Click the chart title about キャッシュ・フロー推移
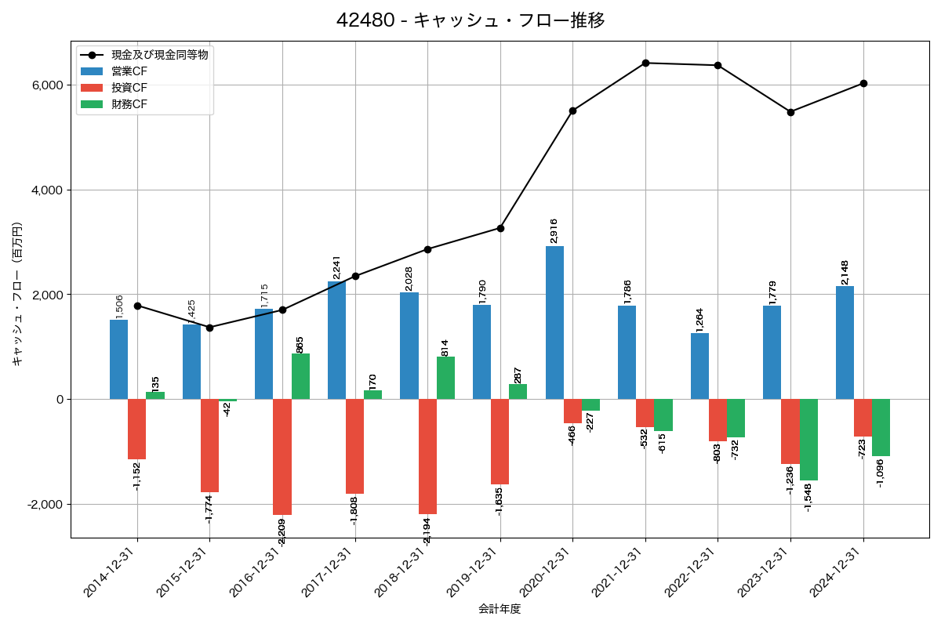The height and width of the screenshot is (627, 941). (x=470, y=20)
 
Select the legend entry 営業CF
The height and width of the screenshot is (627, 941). (x=129, y=71)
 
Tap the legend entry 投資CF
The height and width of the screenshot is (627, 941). (x=129, y=88)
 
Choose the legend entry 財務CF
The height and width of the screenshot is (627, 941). (x=129, y=104)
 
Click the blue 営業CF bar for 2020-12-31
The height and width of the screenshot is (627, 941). (x=554, y=322)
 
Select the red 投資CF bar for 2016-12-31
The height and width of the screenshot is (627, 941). (x=282, y=457)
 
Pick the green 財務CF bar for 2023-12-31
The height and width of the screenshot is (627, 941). (x=808, y=440)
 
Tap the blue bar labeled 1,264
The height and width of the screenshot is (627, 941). (x=699, y=366)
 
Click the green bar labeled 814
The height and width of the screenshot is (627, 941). (x=445, y=378)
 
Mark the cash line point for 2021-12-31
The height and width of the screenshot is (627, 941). (x=645, y=63)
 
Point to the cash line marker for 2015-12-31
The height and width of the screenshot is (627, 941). (x=209, y=328)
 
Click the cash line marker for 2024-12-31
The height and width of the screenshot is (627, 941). (x=863, y=83)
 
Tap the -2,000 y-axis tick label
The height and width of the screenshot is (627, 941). (x=45, y=505)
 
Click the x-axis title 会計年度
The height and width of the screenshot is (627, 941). (x=500, y=609)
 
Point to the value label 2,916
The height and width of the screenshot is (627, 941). (x=554, y=230)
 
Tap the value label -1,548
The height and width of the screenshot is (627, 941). (x=808, y=497)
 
